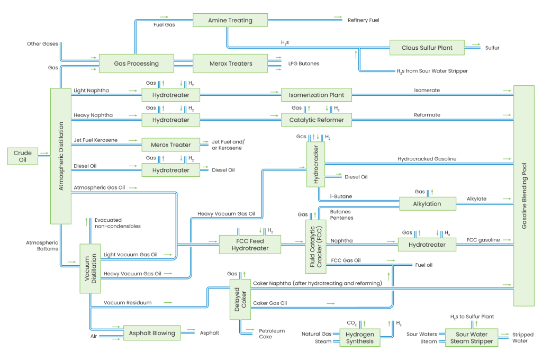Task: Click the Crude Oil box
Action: (x=23, y=157)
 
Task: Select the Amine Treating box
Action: (x=230, y=21)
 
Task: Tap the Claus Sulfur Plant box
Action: (x=427, y=48)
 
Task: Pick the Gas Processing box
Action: (x=136, y=64)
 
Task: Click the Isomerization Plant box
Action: (x=317, y=95)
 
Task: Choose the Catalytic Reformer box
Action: (x=317, y=120)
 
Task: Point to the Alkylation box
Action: (x=427, y=203)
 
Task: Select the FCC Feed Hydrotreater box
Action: (x=249, y=244)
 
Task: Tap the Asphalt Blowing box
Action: (x=152, y=333)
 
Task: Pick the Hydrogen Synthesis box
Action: (x=359, y=338)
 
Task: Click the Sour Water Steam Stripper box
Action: (x=471, y=338)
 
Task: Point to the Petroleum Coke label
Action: (x=271, y=334)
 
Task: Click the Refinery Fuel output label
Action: (x=363, y=20)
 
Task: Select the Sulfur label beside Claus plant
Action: (x=492, y=48)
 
